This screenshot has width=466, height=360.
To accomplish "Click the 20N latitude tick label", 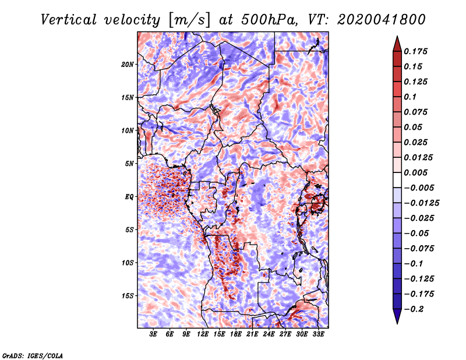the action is (127, 65).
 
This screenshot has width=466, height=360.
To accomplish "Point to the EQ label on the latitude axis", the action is (129, 197).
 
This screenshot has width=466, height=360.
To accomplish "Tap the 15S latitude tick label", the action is (127, 296).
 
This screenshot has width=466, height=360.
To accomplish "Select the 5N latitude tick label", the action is (129, 164).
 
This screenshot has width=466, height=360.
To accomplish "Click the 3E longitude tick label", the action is (153, 334).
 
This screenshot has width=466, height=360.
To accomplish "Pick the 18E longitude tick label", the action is (236, 334).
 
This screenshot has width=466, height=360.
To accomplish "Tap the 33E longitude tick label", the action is (318, 334).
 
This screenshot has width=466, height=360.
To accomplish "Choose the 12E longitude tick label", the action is (203, 334).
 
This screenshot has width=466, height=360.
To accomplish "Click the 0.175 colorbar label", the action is (415, 51).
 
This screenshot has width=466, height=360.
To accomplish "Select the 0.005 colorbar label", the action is (415, 172).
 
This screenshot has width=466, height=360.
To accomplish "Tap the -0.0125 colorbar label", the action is (421, 203).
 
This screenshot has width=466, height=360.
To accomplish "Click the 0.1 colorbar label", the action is (410, 97).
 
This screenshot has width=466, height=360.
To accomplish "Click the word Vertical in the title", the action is (69, 20).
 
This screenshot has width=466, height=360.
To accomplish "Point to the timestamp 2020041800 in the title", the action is (382, 20).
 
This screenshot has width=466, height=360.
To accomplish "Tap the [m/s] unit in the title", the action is (189, 20).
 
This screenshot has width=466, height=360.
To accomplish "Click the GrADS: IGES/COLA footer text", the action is (33, 355).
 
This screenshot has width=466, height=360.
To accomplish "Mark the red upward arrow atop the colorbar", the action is (397, 44).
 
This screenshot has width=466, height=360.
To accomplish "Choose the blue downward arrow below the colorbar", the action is (397, 316).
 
